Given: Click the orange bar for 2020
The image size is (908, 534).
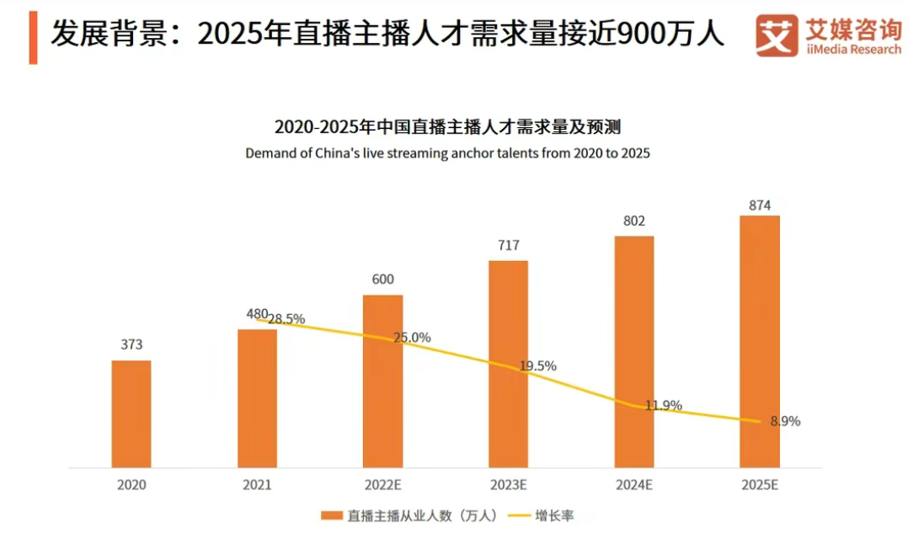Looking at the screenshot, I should tap(131, 414).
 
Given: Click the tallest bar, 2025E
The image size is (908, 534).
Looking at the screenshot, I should tap(759, 341).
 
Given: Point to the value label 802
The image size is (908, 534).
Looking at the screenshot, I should tap(633, 222).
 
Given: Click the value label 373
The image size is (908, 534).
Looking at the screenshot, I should tap(131, 344).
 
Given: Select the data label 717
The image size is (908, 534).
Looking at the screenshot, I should tap(508, 246).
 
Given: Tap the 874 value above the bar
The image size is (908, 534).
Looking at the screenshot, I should tap(759, 205).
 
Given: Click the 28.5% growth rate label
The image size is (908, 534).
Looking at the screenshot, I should tap(286, 319).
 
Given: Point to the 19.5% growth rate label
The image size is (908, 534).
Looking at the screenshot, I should tap(537, 366).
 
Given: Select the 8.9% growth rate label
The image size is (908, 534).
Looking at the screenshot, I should tap(785, 421).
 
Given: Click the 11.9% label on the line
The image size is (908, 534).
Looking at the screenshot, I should tap(664, 405).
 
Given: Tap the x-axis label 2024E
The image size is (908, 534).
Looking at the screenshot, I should tap(633, 485).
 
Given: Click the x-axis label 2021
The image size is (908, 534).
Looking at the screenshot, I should tap(257, 485).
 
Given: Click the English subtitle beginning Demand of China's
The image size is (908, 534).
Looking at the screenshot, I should tap(447, 154).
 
